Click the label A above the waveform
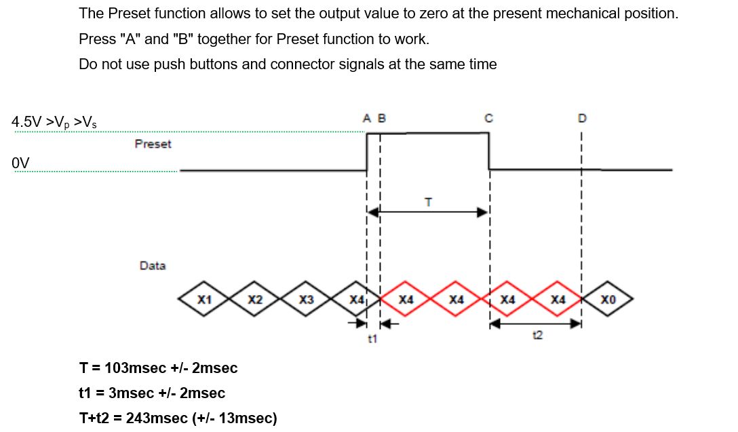pyautogui.click(x=367, y=118)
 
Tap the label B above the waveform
pyautogui.click(x=381, y=118)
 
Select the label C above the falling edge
pyautogui.click(x=488, y=118)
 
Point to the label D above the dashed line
pyautogui.click(x=581, y=118)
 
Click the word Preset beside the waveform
pyautogui.click(x=153, y=144)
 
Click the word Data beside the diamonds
pyautogui.click(x=153, y=266)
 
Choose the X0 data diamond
pyautogui.click(x=608, y=299)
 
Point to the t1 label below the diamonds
pyautogui.click(x=372, y=337)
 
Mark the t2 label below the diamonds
pyautogui.click(x=538, y=334)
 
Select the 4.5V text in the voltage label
pyautogui.click(x=26, y=123)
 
